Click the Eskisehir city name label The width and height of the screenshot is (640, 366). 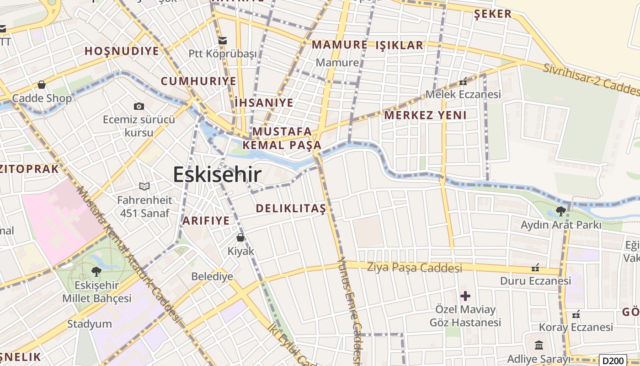[217, 174]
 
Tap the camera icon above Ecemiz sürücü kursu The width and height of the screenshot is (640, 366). [139, 106]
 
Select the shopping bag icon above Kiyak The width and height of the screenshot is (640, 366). [240, 237]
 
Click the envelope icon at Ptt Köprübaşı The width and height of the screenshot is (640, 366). [223, 41]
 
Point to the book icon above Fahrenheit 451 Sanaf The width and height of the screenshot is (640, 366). [144, 186]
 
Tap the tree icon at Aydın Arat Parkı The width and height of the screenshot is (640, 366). [560, 211]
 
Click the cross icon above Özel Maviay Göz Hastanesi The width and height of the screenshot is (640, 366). [465, 296]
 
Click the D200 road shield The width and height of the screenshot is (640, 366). [613, 361]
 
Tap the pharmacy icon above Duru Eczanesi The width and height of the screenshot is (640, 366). [535, 267]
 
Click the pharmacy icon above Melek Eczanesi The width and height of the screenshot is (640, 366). [463, 82]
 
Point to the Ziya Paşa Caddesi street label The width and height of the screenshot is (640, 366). [415, 267]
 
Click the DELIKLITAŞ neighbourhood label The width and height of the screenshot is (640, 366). [291, 209]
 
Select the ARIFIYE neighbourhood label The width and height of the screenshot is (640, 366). [206, 221]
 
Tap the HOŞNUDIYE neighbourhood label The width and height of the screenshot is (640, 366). [122, 51]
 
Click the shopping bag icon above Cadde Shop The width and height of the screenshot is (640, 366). [42, 85]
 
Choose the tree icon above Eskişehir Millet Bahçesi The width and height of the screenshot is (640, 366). [96, 271]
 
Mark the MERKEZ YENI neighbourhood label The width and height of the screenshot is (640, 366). [425, 115]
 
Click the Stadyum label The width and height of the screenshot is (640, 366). [90, 324]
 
